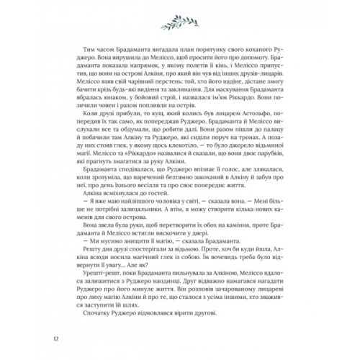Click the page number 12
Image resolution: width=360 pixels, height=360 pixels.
(x=47, y=338)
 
